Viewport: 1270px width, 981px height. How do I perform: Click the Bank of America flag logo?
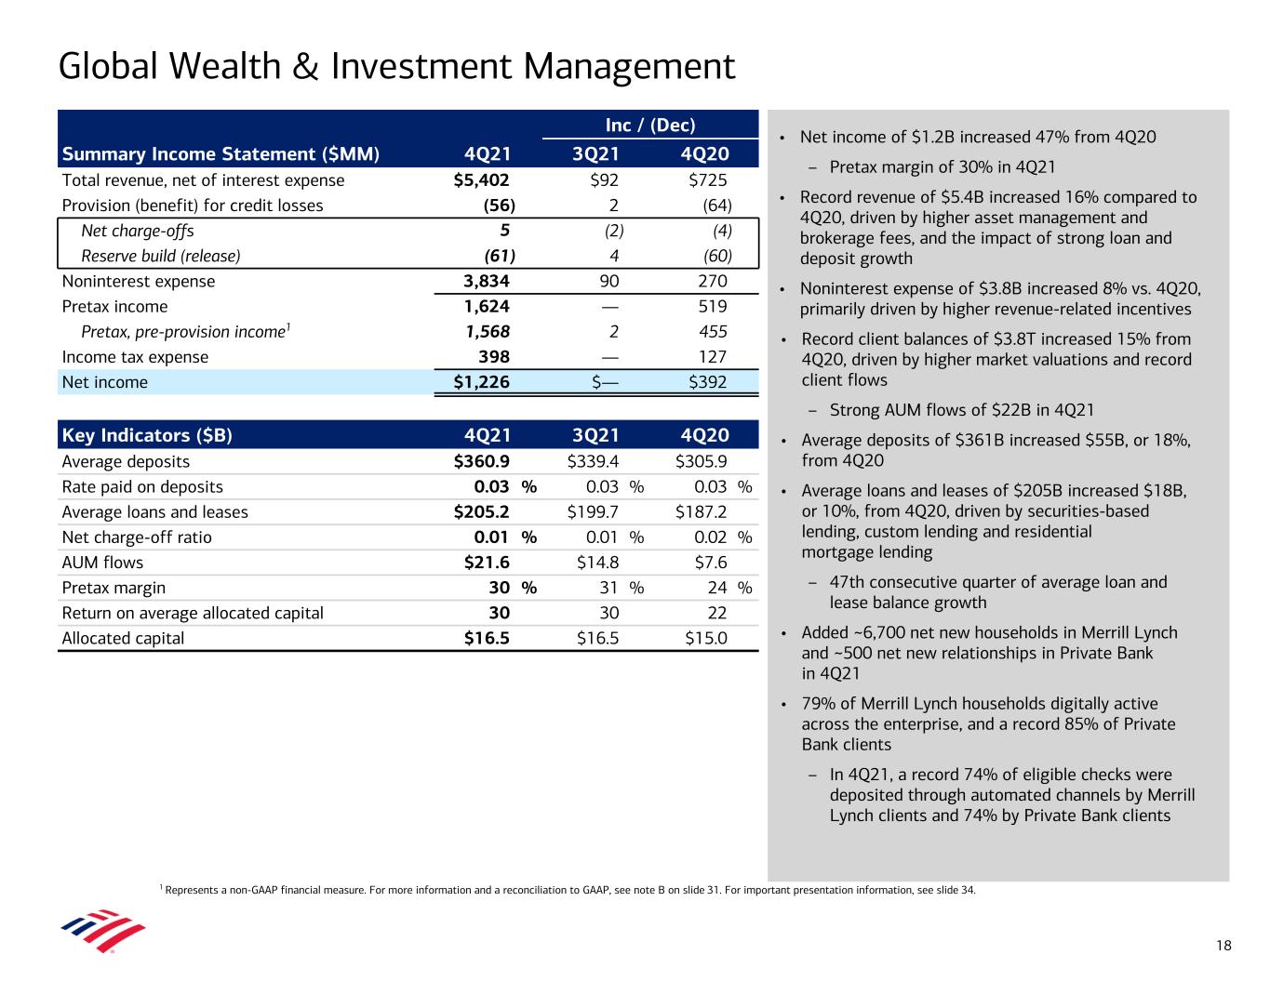click(102, 931)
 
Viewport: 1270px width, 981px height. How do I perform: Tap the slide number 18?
click(1223, 946)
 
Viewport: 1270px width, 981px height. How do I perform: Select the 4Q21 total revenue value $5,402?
click(481, 180)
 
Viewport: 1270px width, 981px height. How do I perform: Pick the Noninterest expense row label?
click(139, 282)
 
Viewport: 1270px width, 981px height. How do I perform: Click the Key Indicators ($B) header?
click(147, 436)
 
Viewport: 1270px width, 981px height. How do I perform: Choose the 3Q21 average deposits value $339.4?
click(593, 461)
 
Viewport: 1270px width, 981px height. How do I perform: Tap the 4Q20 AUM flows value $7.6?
click(711, 563)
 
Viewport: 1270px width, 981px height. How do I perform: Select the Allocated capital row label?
click(123, 639)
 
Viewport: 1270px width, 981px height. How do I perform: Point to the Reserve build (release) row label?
click(161, 256)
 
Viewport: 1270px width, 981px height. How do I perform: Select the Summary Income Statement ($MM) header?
click(221, 154)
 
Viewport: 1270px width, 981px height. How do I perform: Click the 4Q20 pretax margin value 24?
click(716, 588)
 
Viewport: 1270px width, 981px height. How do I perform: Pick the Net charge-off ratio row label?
click(137, 537)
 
